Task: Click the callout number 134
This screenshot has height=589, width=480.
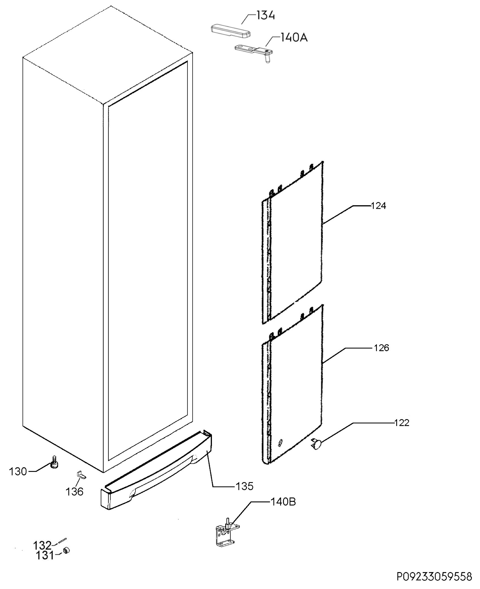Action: click(266, 15)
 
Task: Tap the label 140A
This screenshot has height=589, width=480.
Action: click(294, 37)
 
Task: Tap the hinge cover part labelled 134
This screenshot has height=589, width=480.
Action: click(231, 31)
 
